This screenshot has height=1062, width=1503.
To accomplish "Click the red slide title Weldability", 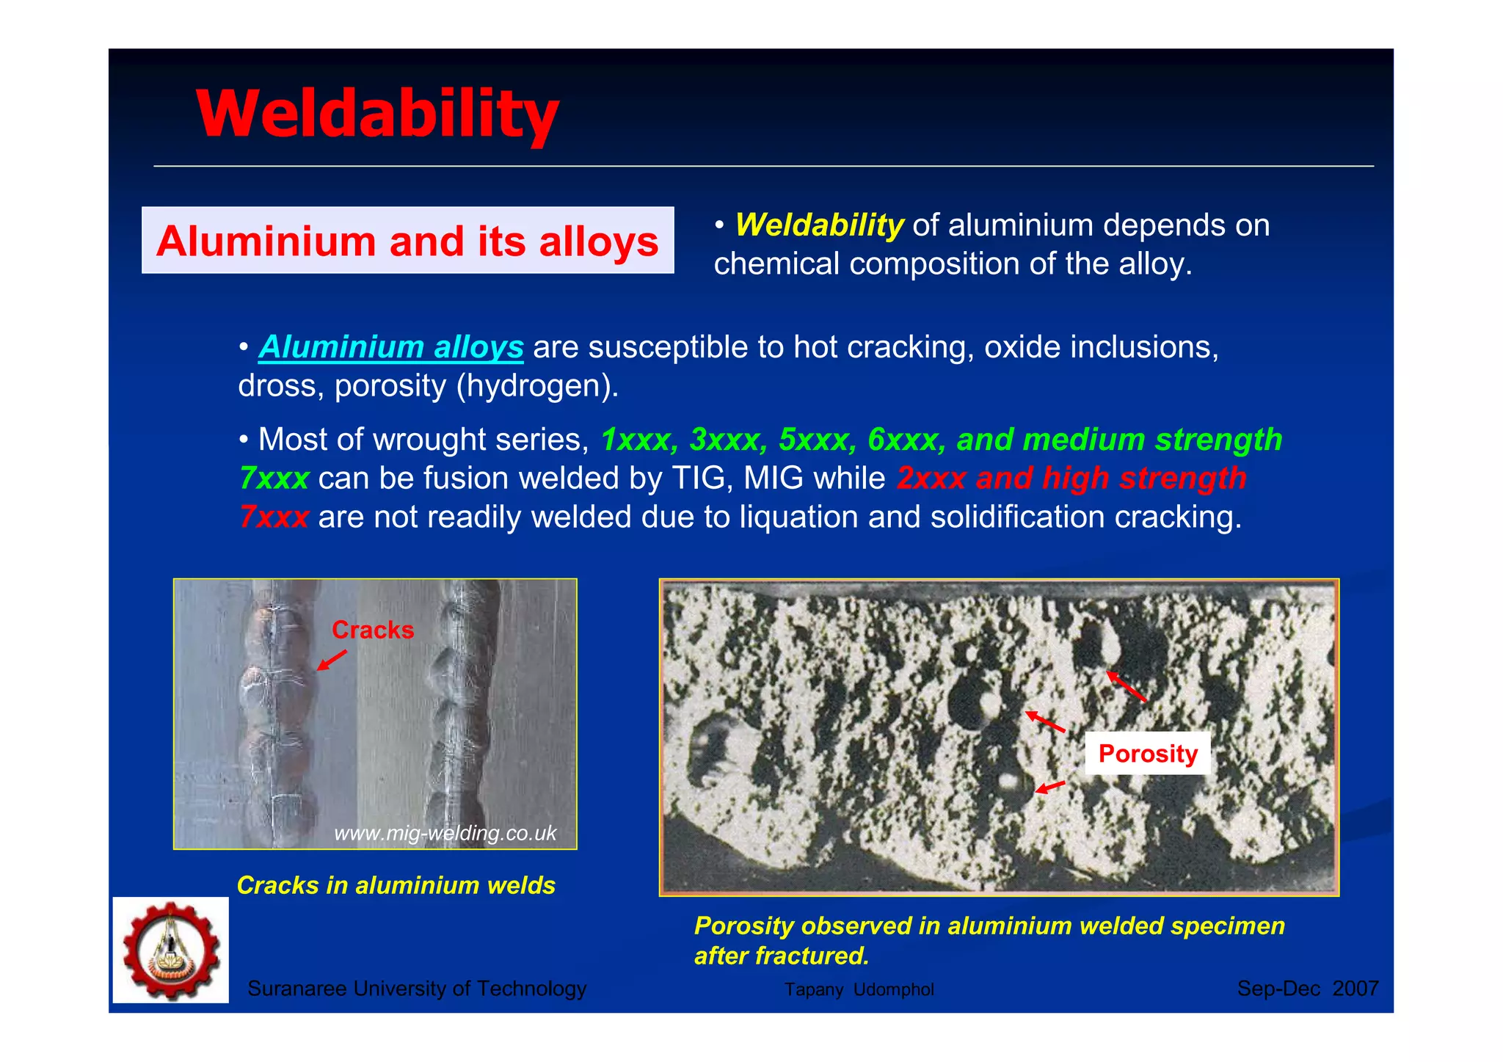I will [377, 114].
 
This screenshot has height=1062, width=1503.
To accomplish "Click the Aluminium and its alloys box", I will [407, 241].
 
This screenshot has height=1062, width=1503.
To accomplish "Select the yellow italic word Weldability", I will [819, 225].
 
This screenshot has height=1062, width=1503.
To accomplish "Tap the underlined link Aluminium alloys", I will [391, 347].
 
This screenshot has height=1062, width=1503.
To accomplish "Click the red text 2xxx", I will [931, 479].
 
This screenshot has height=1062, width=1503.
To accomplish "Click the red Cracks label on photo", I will [373, 630].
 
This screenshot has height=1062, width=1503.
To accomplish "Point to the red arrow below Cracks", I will [331, 660].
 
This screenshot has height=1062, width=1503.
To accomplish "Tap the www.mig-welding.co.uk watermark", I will [445, 833].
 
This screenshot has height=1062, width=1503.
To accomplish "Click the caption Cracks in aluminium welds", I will [396, 885].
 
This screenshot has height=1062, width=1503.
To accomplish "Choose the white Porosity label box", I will [1147, 753].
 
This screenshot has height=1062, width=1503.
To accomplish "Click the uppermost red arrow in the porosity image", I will [1125, 685].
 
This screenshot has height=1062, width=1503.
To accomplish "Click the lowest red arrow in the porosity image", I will [1049, 788].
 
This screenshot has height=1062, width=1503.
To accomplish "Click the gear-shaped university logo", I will [171, 950].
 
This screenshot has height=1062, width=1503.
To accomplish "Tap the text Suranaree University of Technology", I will [417, 989].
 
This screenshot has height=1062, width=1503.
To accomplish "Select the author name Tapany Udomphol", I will [859, 989].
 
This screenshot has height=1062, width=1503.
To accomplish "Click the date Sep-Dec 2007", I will [1307, 989].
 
